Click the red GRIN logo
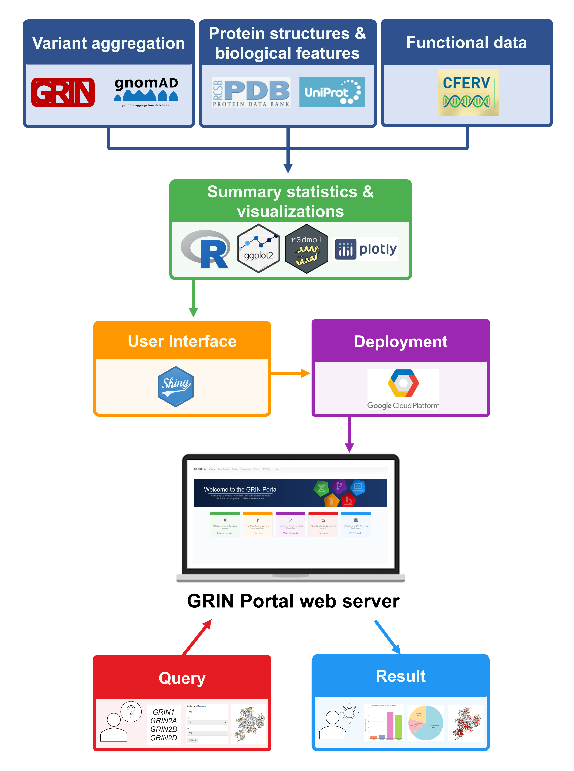(x=63, y=92)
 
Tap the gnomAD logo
(x=146, y=91)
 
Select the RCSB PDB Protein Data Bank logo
(x=251, y=92)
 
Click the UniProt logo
(x=332, y=92)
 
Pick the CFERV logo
(x=468, y=92)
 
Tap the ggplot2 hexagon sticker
(x=259, y=248)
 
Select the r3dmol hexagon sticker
(x=306, y=248)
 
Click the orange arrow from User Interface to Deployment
(x=290, y=373)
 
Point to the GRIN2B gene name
(x=164, y=729)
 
